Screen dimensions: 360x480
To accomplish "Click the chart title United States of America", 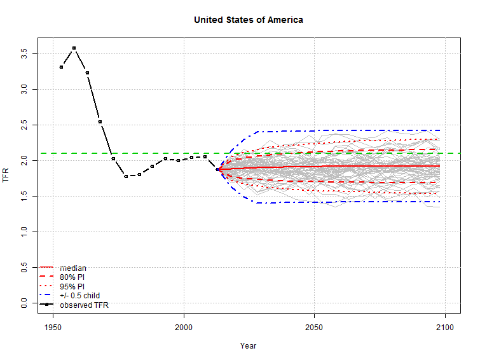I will [x=248, y=20].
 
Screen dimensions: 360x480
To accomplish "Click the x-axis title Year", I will [x=248, y=345].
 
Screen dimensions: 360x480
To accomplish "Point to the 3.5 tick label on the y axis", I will [x=24, y=52].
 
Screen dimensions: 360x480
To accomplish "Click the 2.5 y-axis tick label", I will [x=24, y=124].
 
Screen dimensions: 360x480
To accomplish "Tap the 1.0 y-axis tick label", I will [x=24, y=232].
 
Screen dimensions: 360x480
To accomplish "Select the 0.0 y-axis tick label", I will [x=24, y=303].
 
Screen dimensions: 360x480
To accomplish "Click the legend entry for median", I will [x=72, y=268].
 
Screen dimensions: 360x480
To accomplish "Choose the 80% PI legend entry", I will [x=72, y=277].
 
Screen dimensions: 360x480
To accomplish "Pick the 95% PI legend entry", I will [x=72, y=286].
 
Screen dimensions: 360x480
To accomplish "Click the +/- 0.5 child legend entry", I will [x=79, y=296].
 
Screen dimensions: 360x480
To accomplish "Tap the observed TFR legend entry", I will [x=84, y=305].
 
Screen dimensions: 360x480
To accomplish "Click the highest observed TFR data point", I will [x=74, y=48].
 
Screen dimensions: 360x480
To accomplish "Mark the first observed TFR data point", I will [x=61, y=67].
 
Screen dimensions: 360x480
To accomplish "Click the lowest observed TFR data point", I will [x=127, y=176].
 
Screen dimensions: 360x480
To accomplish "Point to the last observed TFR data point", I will [x=217, y=169].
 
